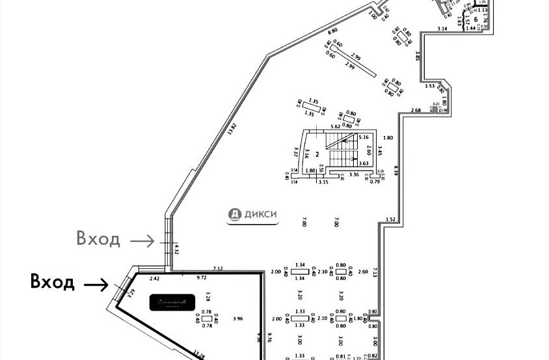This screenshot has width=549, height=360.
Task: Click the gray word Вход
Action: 98,239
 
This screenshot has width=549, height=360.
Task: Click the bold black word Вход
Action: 53,283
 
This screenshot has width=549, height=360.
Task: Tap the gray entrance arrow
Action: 142,241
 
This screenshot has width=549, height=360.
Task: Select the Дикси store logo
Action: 254,214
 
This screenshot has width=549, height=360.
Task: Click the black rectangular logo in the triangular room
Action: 173,302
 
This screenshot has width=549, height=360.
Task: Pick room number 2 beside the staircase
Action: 317,154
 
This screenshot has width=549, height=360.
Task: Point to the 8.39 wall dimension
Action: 396,171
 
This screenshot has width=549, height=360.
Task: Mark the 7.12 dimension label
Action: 218,268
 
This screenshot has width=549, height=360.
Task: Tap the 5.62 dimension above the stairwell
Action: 336,126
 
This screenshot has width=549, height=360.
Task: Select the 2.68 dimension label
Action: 416,109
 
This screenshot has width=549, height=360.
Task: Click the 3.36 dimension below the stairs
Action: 355,175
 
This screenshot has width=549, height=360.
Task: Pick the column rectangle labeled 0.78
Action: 208,318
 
